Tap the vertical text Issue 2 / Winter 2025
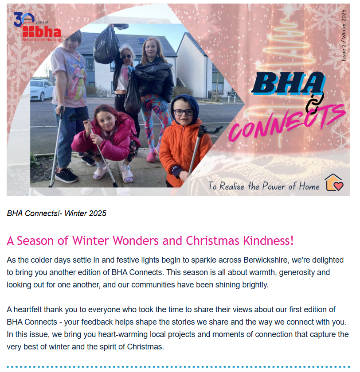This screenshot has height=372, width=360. pyautogui.click(x=344, y=35)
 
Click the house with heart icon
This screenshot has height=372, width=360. pyautogui.click(x=334, y=182)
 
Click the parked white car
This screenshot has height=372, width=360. pyautogui.click(x=41, y=89)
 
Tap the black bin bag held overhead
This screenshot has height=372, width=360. pyautogui.click(x=106, y=45)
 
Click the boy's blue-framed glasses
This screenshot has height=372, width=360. pyautogui.click(x=184, y=112)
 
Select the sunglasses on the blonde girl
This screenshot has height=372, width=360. pyautogui.click(x=126, y=57)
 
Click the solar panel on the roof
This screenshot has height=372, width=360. pyautogui.click(x=142, y=40)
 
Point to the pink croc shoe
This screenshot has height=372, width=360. pyautogui.click(x=151, y=157)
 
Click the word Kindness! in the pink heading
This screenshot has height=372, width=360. pyautogui.click(x=268, y=240)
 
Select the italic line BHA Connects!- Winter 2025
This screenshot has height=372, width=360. pyautogui.click(x=56, y=213)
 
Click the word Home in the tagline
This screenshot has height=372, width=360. pyautogui.click(x=309, y=186)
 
